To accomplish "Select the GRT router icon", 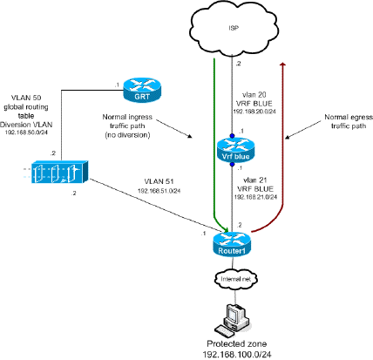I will coord(143,89).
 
